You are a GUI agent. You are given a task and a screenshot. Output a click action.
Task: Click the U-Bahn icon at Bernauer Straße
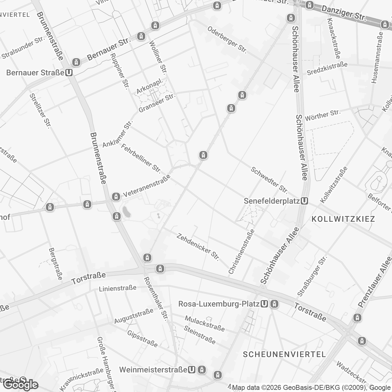pos(69,73)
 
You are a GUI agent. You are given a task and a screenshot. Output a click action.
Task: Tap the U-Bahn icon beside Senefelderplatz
pos(304,201)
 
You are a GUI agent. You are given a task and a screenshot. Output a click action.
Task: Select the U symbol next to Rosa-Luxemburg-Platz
pos(264,304)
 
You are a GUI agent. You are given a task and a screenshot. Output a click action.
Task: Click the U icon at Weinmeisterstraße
pos(192,370)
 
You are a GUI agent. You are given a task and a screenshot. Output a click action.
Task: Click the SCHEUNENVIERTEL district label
pos(284,354)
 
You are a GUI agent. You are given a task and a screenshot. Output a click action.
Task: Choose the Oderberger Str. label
pos(227,40)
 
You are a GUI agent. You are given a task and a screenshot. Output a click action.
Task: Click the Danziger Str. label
pos(344,13)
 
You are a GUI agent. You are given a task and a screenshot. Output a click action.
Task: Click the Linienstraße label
pos(118,288)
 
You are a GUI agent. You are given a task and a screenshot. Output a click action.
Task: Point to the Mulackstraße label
pos(205,324)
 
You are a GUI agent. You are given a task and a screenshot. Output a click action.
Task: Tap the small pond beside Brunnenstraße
pos(126,212)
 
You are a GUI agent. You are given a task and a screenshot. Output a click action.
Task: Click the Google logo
pos(21,384)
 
